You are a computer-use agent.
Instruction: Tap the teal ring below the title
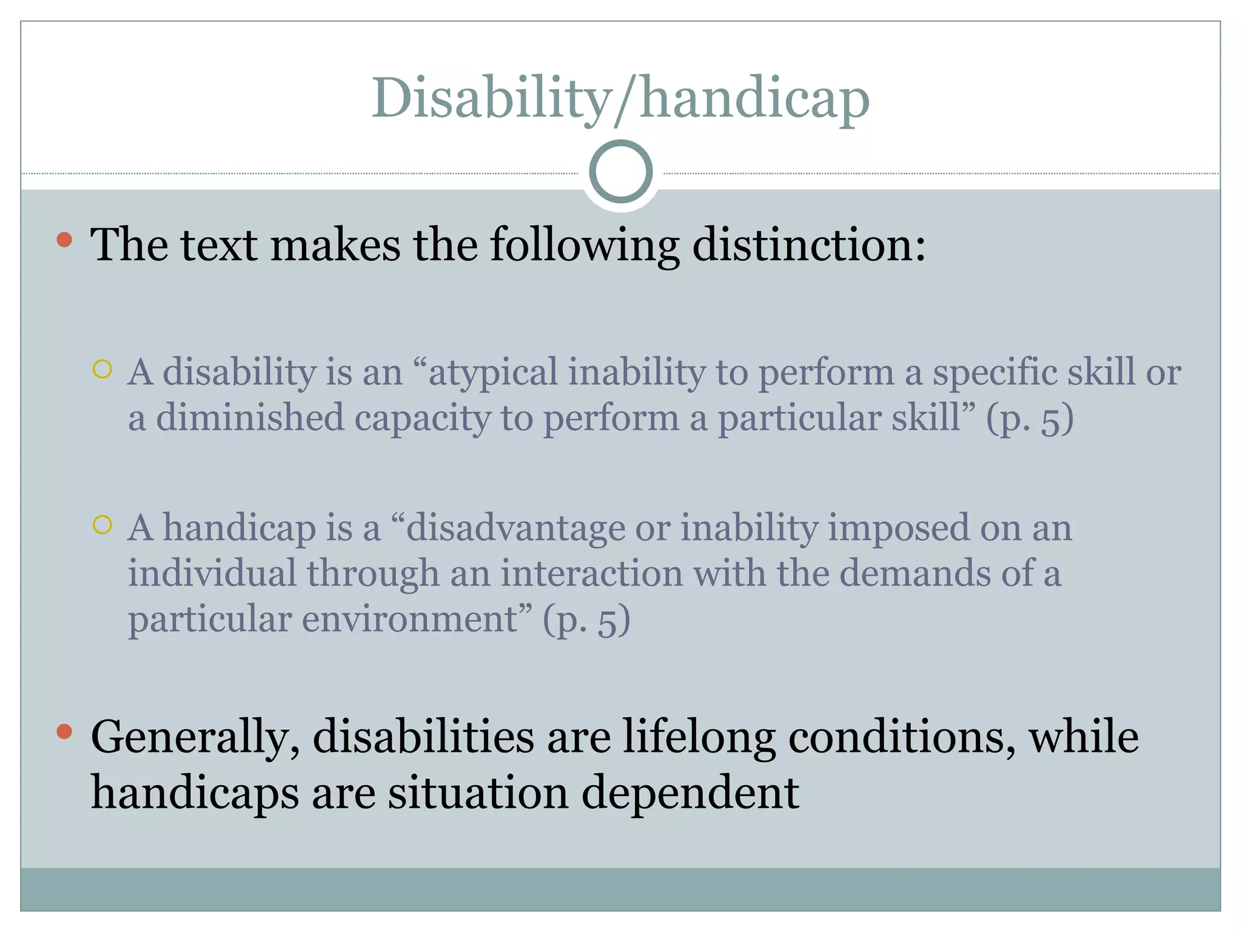coord(620,172)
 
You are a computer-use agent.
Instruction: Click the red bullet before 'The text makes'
coord(64,240)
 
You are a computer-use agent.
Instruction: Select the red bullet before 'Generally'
coord(64,732)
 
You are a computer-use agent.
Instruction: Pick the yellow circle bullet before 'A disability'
coord(102,368)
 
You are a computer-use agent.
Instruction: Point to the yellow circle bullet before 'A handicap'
coord(102,524)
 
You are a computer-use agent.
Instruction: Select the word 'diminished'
coord(250,418)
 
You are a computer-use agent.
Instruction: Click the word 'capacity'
coord(421,418)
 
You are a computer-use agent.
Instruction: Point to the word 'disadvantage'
coord(515,527)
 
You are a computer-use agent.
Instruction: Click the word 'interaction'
coord(591,573)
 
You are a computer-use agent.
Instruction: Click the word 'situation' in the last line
coord(478,793)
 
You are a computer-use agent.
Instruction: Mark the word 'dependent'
coord(690,793)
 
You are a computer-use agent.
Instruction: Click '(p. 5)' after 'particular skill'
coord(1030,419)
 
